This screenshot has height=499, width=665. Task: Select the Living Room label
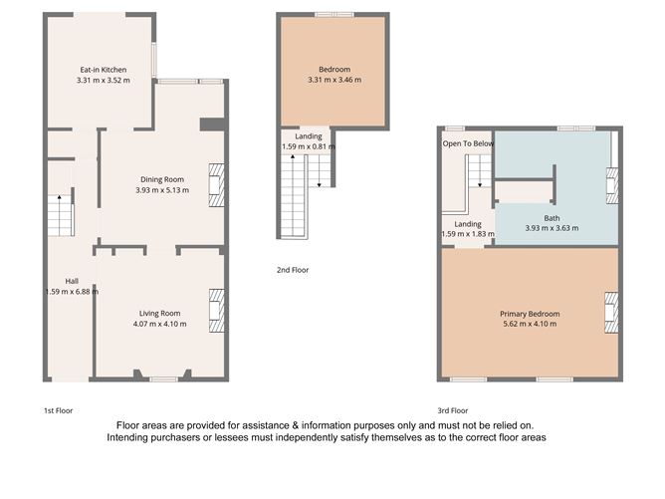pyautogui.click(x=160, y=315)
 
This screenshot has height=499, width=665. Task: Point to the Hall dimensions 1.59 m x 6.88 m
pyautogui.click(x=72, y=292)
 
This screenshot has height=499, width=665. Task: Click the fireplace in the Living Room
pyautogui.click(x=217, y=309)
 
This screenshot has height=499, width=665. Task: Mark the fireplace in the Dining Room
pyautogui.click(x=216, y=184)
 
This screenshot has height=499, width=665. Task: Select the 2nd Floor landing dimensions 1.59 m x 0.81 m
pyautogui.click(x=309, y=147)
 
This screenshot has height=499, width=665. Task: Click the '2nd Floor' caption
pyautogui.click(x=293, y=270)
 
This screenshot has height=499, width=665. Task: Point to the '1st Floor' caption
pyautogui.click(x=58, y=410)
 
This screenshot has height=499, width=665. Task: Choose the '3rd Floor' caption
pyautogui.click(x=453, y=410)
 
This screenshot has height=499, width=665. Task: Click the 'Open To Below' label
pyautogui.click(x=468, y=143)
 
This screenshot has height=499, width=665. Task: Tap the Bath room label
pyautogui.click(x=552, y=218)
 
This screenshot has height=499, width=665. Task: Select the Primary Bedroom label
pyautogui.click(x=530, y=314)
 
